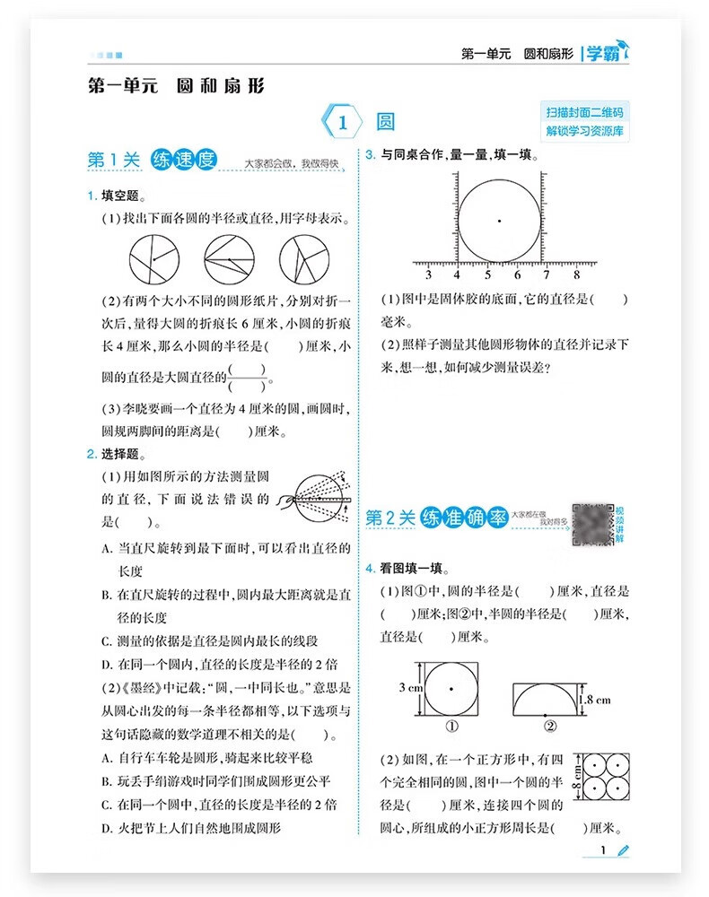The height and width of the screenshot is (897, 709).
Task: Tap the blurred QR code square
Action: [x=591, y=524]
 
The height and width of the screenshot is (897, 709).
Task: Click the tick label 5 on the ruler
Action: [x=486, y=275]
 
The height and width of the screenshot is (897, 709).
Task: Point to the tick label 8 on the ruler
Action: [x=575, y=275]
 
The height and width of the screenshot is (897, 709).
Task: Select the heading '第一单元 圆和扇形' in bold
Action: [x=176, y=86]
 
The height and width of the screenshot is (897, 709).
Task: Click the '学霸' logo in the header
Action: [x=603, y=54]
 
